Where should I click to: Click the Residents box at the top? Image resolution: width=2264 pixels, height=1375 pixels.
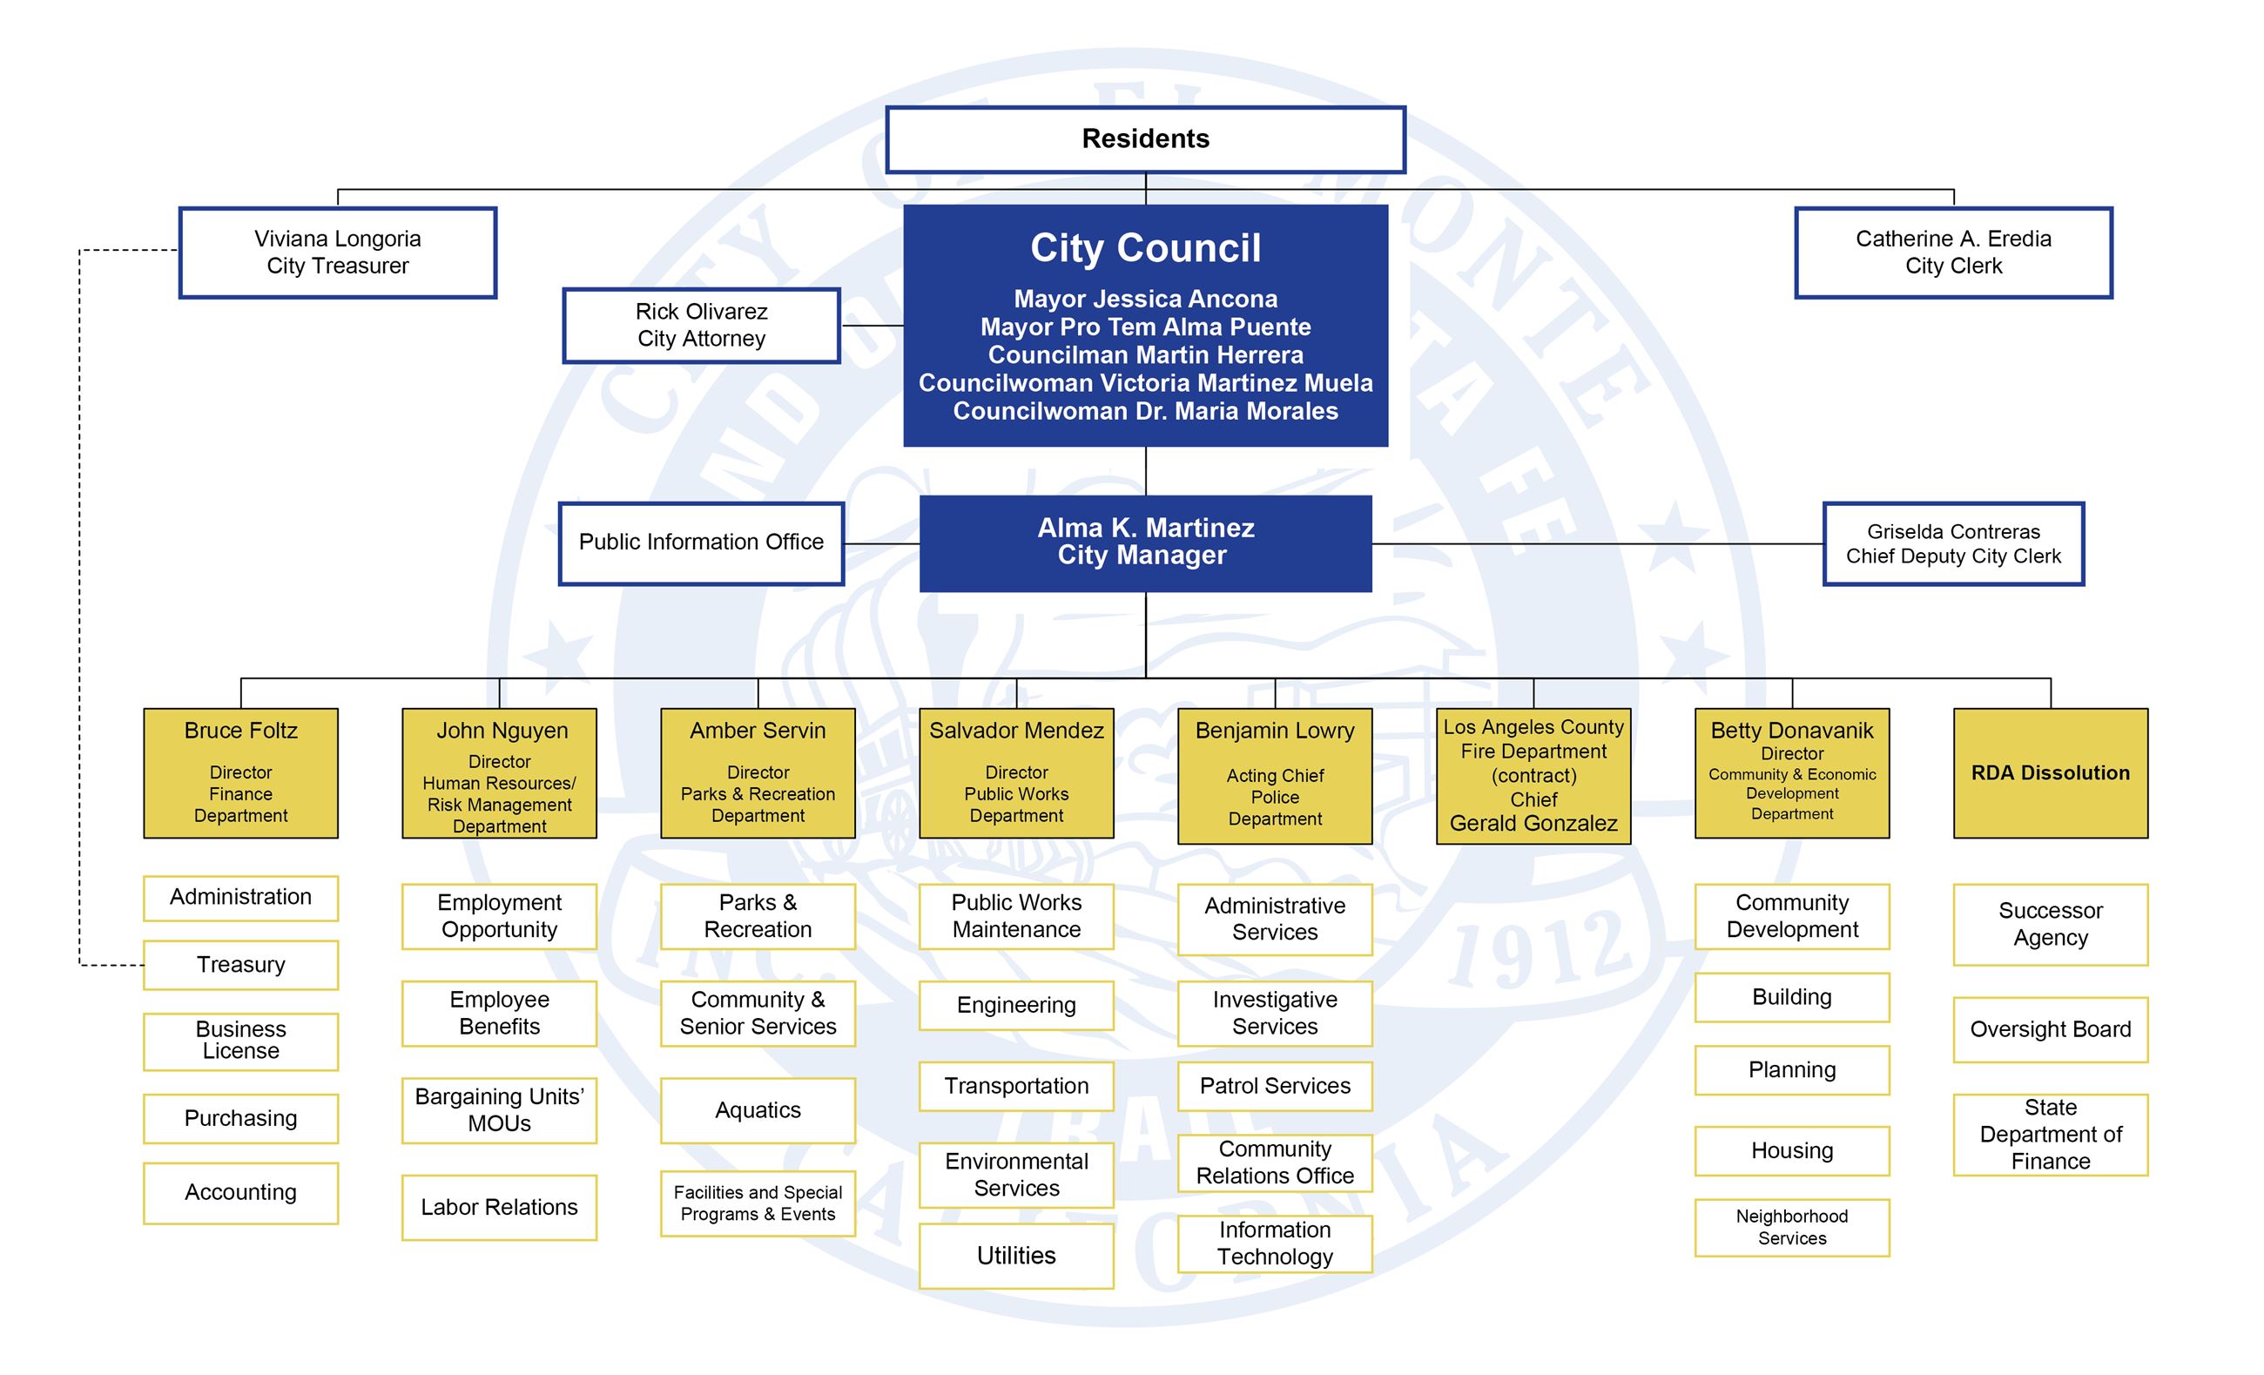click(x=1145, y=138)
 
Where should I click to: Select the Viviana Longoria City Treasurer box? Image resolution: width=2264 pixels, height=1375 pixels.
click(x=337, y=253)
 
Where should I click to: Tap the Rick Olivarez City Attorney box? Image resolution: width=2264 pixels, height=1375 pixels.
click(x=701, y=326)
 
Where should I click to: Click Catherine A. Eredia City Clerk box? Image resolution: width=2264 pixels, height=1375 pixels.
click(x=1952, y=253)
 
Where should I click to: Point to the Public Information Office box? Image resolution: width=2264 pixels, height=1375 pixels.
click(x=701, y=543)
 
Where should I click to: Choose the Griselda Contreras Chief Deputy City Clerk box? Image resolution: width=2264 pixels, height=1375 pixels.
click(x=1952, y=543)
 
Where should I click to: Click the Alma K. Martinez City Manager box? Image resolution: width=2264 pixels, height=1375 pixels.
click(x=1145, y=543)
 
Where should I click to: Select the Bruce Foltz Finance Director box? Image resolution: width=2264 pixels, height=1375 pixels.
click(x=240, y=772)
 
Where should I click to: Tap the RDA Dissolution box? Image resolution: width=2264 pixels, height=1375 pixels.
click(x=2050, y=772)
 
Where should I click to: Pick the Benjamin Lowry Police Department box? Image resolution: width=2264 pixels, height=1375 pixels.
click(x=1275, y=776)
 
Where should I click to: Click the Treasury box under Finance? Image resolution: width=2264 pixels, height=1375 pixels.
click(x=240, y=964)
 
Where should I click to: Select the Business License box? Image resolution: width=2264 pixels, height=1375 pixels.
click(x=240, y=1041)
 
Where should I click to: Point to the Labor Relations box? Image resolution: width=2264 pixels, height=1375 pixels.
click(x=499, y=1207)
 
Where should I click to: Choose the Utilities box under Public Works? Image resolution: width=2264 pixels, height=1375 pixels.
click(x=1016, y=1256)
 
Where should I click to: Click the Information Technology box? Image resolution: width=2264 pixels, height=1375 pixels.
click(x=1275, y=1244)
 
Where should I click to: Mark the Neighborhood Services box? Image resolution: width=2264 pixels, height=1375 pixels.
click(x=1792, y=1227)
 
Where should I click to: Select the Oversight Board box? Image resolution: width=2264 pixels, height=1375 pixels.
click(x=2050, y=1029)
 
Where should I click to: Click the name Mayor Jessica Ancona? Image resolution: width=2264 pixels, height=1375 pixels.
click(x=1145, y=299)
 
